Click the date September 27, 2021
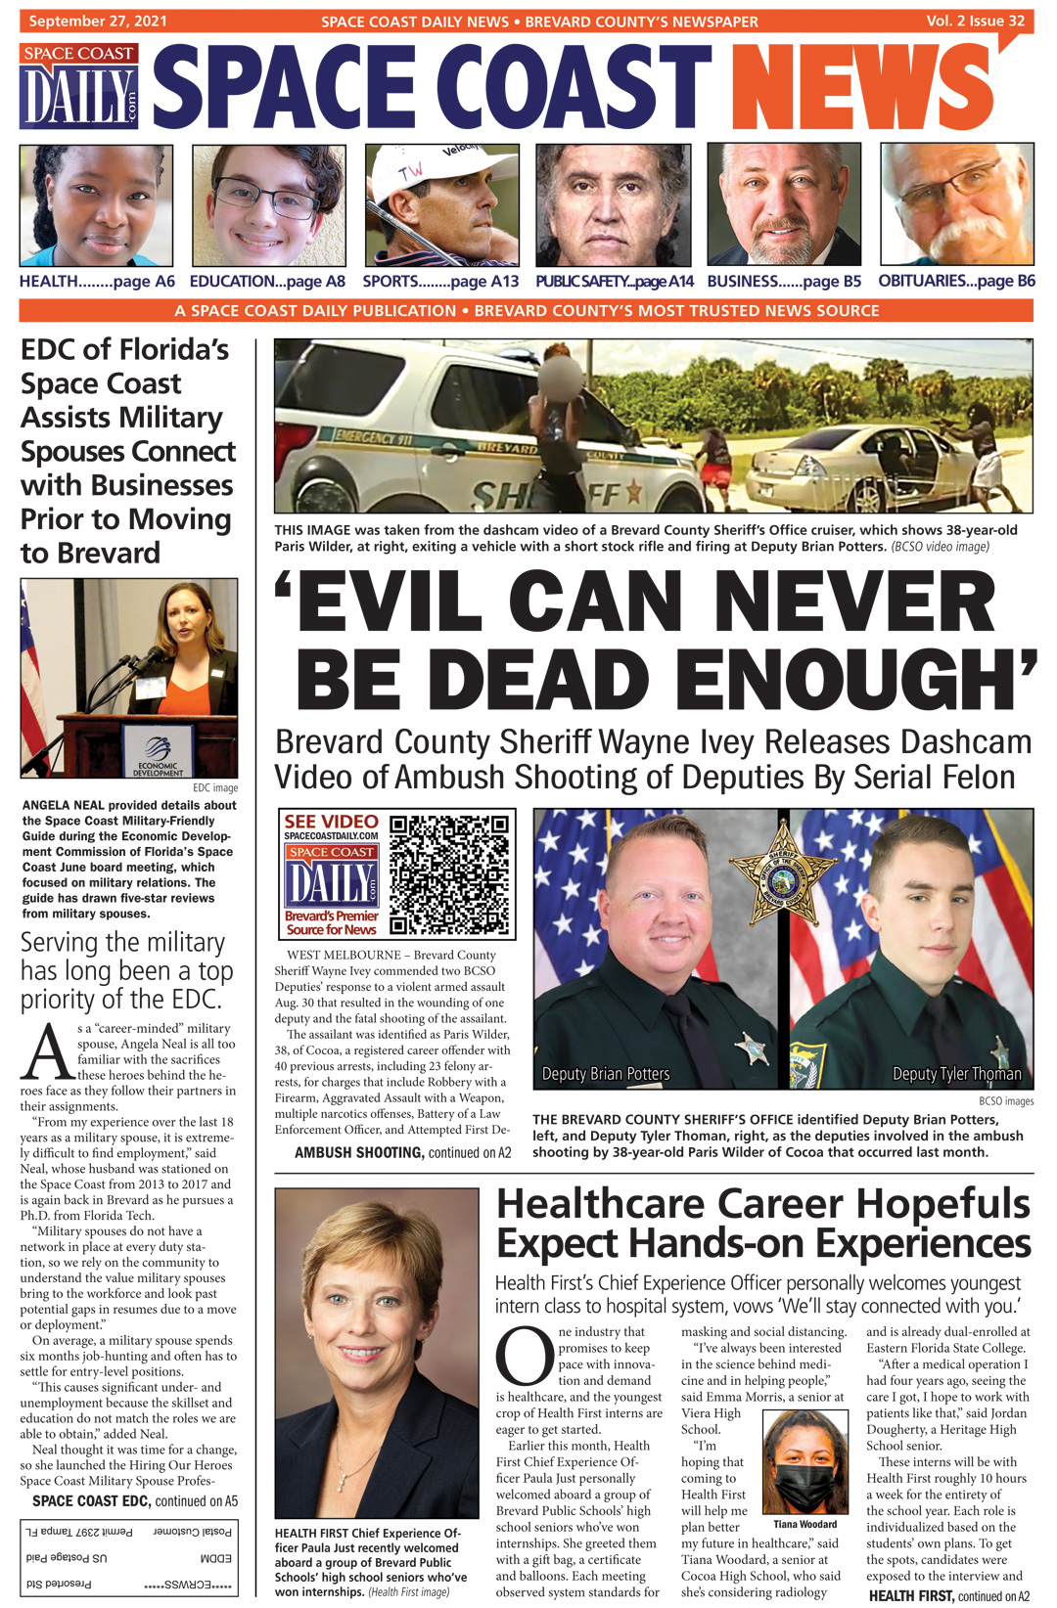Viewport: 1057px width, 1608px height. pos(98,21)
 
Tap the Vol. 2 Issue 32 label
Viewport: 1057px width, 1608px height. pos(975,21)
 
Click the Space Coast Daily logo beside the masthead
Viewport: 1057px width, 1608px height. pos(78,86)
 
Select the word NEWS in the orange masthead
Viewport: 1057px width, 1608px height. pos(861,90)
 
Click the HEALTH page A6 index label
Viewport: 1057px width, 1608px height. pos(97,282)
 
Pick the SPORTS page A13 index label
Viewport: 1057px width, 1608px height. pos(440,282)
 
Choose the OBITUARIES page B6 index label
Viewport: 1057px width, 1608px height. pos(956,282)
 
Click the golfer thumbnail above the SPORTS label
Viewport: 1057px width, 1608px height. pos(441,205)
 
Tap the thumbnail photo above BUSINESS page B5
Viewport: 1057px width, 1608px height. pos(784,205)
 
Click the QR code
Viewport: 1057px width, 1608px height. pos(450,874)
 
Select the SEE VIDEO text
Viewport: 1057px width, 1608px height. pos(331,822)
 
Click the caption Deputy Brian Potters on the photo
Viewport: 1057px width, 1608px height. pos(606,1074)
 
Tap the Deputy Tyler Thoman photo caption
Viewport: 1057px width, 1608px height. pos(956,1074)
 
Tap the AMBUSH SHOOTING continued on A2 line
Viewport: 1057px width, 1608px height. pos(402,1153)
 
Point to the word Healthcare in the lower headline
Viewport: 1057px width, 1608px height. pos(600,1204)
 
